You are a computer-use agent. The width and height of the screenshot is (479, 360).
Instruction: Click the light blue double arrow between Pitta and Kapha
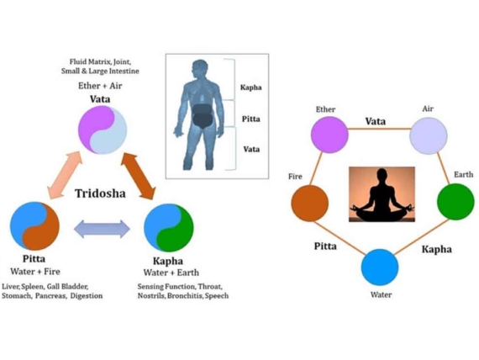click(x=102, y=228)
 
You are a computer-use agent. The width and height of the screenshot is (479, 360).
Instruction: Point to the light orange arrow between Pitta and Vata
click(x=62, y=179)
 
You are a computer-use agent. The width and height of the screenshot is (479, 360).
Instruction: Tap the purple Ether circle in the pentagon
click(x=330, y=135)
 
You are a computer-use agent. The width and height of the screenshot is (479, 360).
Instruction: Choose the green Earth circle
click(x=457, y=202)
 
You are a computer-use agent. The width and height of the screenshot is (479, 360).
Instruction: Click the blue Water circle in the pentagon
click(x=380, y=267)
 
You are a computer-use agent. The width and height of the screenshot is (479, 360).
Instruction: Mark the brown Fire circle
click(x=309, y=203)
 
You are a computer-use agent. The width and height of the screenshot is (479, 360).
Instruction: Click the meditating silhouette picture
click(x=382, y=195)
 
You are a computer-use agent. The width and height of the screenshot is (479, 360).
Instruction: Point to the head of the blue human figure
click(x=201, y=69)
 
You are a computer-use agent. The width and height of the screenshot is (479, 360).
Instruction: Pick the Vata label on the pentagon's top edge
click(x=376, y=122)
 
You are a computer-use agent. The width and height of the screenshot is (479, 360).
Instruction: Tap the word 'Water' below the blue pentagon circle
click(x=380, y=295)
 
